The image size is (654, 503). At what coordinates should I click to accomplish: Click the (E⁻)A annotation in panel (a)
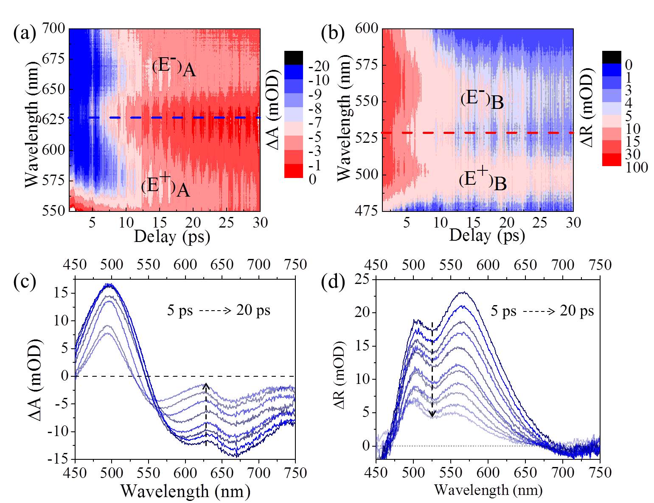pyautogui.click(x=174, y=67)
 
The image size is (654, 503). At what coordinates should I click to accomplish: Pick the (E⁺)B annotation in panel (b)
pyautogui.click(x=483, y=181)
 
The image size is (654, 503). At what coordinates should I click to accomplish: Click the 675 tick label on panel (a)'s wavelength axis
pyautogui.click(x=53, y=59)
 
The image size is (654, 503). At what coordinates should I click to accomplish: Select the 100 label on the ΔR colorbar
pyautogui.click(x=637, y=167)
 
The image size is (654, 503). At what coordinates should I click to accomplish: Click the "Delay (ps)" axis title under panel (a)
pyautogui.click(x=172, y=237)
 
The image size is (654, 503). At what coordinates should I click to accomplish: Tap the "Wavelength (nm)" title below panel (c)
pyautogui.click(x=185, y=490)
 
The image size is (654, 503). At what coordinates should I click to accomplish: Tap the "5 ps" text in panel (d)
pyautogui.click(x=503, y=311)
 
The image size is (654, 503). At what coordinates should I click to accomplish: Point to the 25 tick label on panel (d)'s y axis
pyautogui.click(x=362, y=279)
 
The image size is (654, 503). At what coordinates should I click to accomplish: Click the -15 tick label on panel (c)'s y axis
pyautogui.click(x=61, y=459)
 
